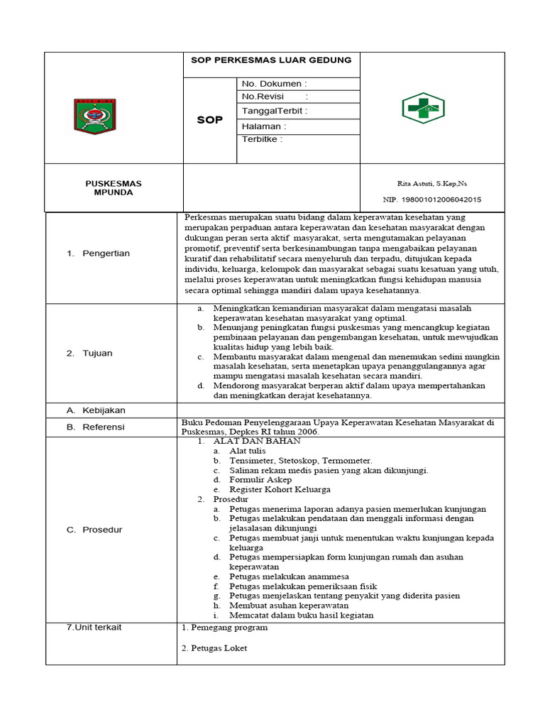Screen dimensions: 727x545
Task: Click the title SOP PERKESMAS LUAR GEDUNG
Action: coord(271,60)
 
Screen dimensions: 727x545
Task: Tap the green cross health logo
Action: coord(423,109)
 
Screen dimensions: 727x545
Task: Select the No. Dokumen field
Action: coord(274,84)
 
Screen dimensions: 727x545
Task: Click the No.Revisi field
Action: coord(275,97)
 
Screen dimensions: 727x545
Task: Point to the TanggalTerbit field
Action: coord(275,111)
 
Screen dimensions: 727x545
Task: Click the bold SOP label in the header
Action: coord(209,120)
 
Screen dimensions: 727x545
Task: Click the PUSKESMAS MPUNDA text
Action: coord(114,188)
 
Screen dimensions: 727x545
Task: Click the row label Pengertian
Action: coord(106,253)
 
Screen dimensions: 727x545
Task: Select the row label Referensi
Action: coord(104,427)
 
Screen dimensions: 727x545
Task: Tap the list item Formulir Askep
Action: coord(260,480)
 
